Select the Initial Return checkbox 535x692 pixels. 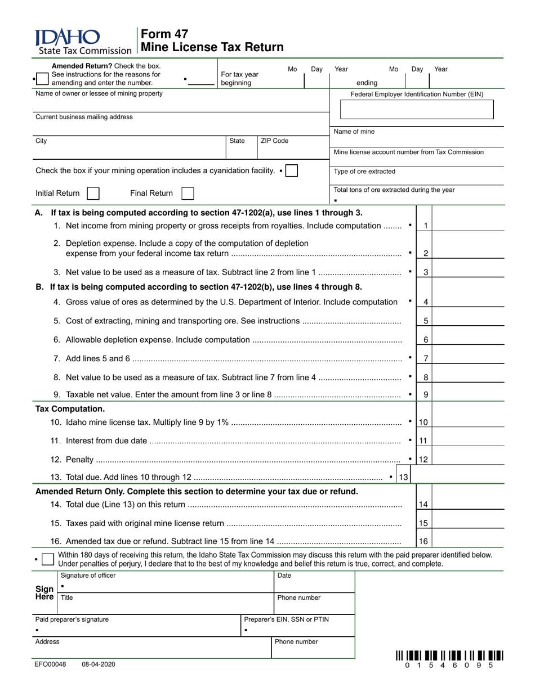[93, 194]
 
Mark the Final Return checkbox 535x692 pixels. [188, 194]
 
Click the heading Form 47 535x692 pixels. [164, 34]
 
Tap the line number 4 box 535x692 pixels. [426, 302]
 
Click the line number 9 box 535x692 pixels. [426, 395]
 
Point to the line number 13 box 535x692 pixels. [404, 478]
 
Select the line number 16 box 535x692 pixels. [423, 542]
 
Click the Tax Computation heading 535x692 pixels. [70, 409]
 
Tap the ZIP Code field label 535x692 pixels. [274, 141]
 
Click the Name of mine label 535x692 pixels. [354, 132]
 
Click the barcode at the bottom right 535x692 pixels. [449, 655]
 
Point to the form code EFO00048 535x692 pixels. [51, 664]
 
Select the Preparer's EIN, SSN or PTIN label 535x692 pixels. [286, 619]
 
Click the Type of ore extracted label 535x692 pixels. [364, 172]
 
